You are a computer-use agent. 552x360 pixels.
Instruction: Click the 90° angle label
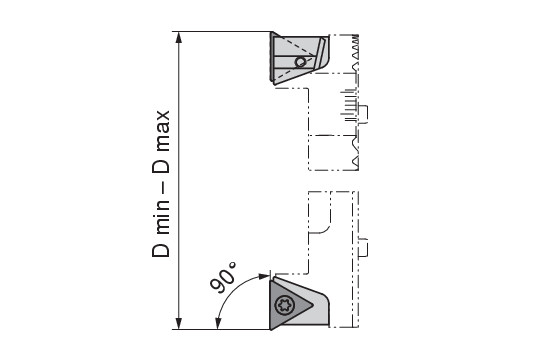point(222,277)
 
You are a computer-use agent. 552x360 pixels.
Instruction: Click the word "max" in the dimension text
point(162,131)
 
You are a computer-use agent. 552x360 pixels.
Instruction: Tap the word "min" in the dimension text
point(162,218)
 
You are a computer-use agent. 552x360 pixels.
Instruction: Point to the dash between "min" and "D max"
point(162,187)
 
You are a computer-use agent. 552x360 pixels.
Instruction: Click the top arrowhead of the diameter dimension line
point(179,37)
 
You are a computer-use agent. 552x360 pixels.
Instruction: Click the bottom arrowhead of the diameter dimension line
point(179,323)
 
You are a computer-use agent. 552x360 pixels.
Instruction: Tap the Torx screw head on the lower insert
point(284,305)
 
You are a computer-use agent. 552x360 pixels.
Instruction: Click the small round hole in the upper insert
point(300,62)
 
